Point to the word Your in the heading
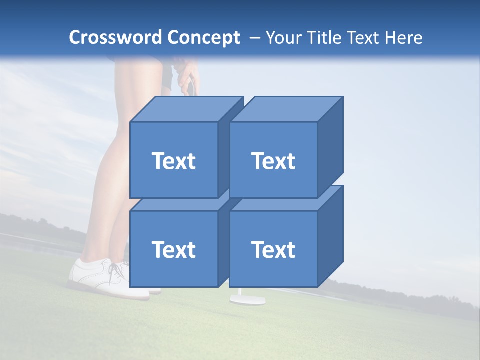pos(282,38)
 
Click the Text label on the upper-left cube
pos(173,161)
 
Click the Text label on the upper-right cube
pos(273,161)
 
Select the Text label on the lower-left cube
pos(173,249)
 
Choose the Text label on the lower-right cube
pos(273,249)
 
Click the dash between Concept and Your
pos(254,38)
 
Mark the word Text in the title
pos(363,38)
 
